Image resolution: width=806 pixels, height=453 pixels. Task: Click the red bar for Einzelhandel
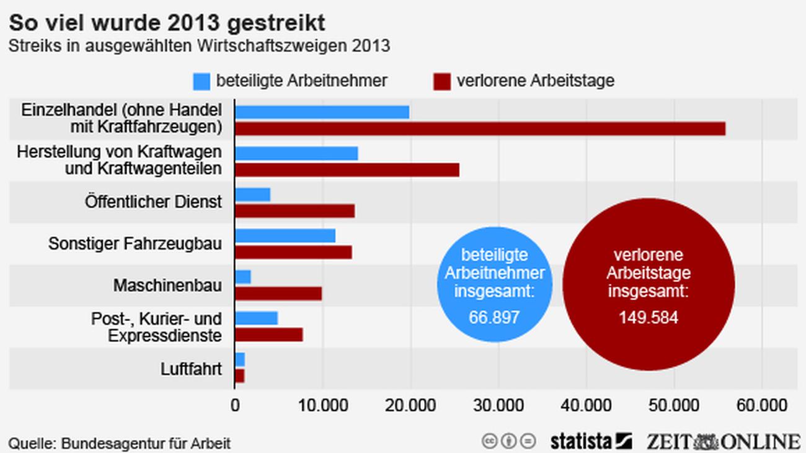[480, 129]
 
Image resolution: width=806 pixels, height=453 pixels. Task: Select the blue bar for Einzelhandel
[322, 112]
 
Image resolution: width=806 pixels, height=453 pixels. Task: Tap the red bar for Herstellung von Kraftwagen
[347, 170]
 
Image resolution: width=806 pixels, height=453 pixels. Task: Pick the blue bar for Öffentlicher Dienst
[253, 195]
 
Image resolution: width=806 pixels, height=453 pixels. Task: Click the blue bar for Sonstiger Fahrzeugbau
[285, 236]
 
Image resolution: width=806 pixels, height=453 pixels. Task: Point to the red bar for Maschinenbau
[278, 294]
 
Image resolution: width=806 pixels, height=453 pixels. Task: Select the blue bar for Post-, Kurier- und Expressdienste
[257, 319]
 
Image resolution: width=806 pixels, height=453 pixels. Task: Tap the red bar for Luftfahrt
[240, 376]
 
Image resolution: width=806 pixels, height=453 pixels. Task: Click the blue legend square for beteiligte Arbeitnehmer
[202, 81]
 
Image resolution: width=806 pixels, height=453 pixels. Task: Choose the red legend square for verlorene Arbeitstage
[442, 81]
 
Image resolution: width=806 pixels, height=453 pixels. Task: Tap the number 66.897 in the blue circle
[494, 318]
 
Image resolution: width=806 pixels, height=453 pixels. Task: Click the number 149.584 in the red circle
[648, 318]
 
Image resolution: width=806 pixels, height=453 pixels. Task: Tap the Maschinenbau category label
[167, 286]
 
